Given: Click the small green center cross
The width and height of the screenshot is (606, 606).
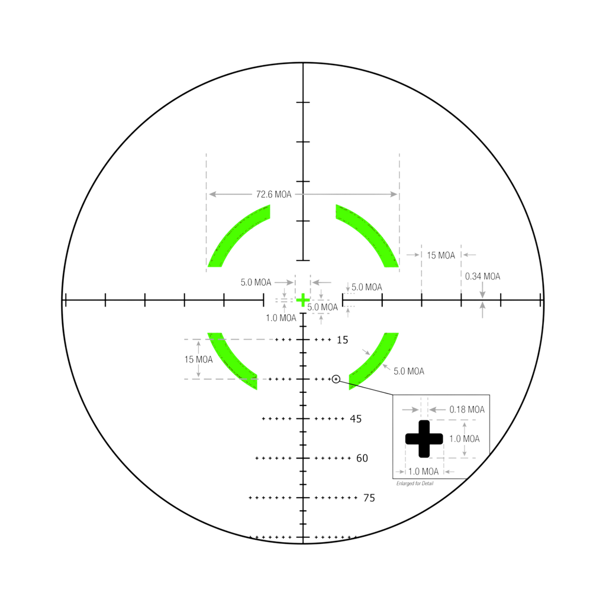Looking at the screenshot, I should (303, 299).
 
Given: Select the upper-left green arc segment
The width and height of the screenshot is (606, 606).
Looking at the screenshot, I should (237, 237).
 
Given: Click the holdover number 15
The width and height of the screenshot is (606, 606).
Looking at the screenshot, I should (343, 340).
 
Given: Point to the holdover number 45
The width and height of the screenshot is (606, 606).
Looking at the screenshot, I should (356, 419).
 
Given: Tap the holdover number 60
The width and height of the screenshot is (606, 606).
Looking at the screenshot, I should (362, 458).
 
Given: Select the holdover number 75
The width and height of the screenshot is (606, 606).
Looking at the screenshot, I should (369, 498).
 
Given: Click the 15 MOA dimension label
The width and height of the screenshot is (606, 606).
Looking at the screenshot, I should (441, 254).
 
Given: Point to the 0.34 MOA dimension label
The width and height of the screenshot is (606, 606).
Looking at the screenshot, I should (482, 276).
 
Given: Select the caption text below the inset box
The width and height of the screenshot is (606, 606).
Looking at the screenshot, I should (414, 483).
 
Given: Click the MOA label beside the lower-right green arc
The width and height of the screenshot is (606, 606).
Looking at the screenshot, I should (408, 372).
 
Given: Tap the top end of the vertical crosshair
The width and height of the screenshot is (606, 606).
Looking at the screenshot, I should (303, 64).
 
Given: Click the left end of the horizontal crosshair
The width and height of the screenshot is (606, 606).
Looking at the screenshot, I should (65, 299).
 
